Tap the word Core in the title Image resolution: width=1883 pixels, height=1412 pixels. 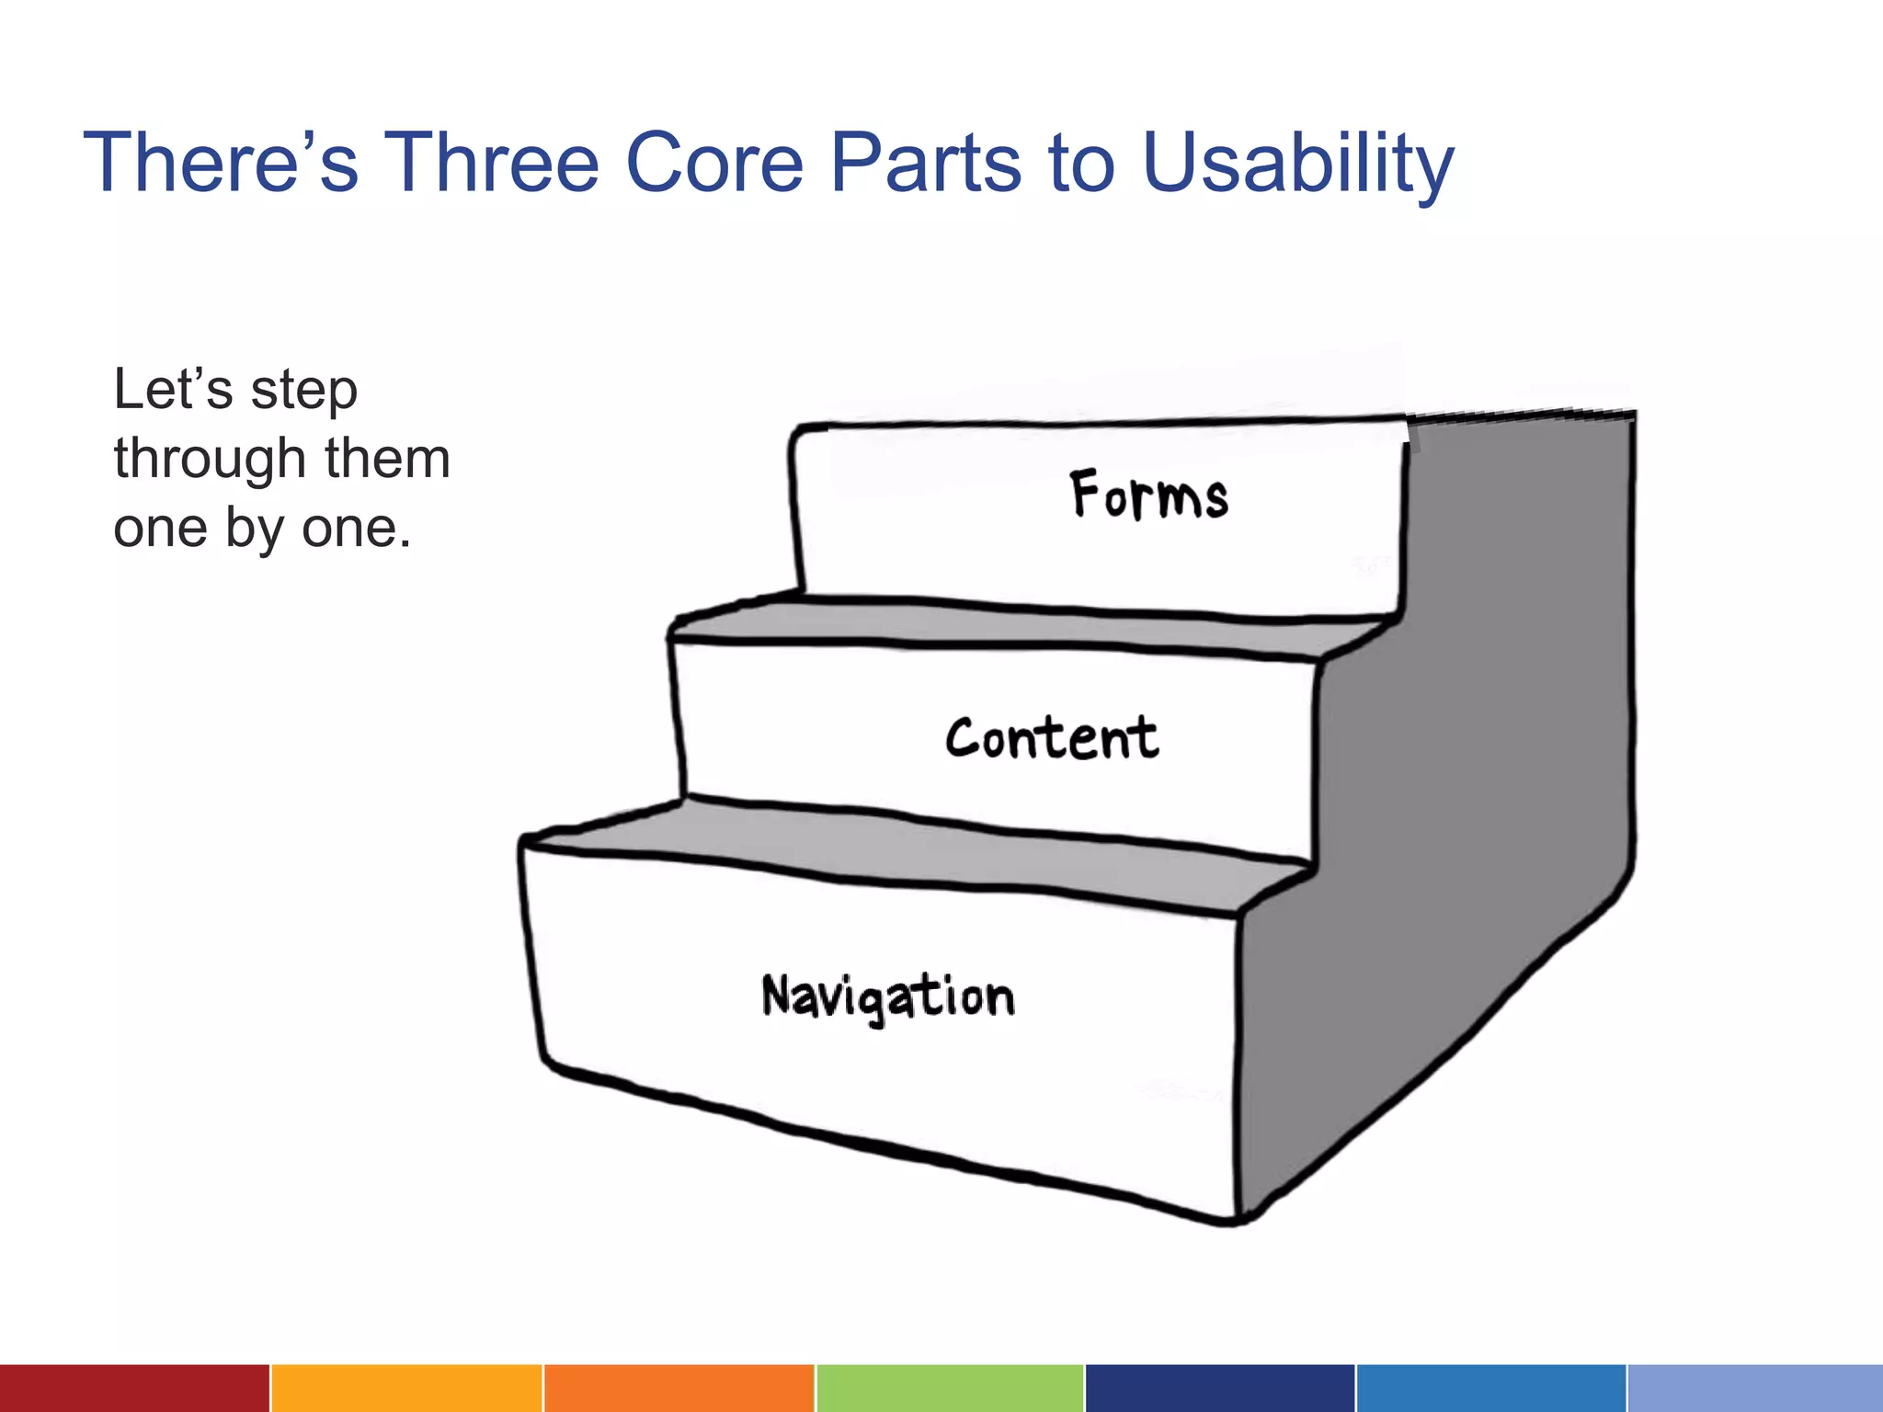coord(714,164)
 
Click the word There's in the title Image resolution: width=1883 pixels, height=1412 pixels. coord(221,164)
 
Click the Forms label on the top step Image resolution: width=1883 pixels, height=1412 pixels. coord(1148,495)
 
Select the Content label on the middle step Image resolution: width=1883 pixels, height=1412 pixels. coord(1052,739)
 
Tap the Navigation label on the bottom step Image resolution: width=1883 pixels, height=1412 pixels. coord(888,997)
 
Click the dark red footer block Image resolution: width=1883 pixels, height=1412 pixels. coord(134,1388)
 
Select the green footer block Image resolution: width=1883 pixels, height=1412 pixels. coord(949,1388)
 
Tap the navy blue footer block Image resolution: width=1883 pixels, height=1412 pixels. coord(1219,1388)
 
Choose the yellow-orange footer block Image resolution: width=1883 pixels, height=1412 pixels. coord(405,1388)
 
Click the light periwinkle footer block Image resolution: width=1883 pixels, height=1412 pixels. coord(1754,1388)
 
